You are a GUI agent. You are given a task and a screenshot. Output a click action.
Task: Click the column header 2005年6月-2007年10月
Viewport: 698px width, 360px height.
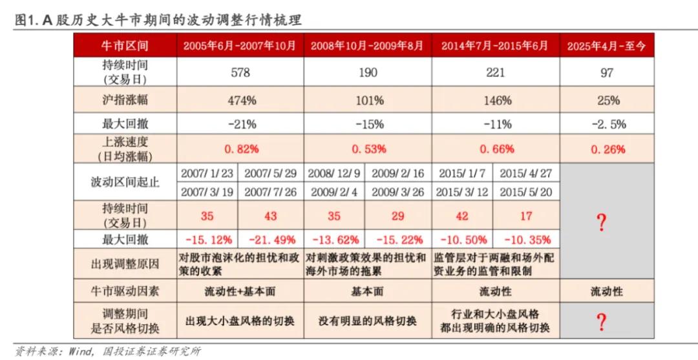click(240, 46)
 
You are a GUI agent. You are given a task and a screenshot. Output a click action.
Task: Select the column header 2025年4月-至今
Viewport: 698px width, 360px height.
click(606, 46)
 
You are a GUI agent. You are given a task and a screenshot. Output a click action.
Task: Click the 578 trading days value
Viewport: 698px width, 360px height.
click(240, 72)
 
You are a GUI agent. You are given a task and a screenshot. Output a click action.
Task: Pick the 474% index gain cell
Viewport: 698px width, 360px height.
click(240, 100)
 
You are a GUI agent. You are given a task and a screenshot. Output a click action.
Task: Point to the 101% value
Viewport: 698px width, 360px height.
click(368, 100)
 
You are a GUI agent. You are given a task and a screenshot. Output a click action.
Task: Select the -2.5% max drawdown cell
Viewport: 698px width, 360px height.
click(606, 124)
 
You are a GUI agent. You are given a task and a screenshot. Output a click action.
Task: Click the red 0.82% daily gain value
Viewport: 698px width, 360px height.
click(240, 149)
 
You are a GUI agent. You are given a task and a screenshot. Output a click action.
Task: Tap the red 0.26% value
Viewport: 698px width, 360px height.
click(606, 149)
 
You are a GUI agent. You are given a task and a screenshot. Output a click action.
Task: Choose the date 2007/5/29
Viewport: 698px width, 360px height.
click(271, 174)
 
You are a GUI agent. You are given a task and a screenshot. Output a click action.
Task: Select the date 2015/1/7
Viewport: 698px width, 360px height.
click(461, 174)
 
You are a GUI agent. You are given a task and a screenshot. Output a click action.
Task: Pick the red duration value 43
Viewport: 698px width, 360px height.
click(271, 215)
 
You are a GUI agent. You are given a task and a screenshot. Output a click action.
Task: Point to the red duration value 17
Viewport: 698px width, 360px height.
click(525, 215)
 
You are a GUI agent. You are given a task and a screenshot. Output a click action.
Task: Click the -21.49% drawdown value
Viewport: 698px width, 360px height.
click(271, 240)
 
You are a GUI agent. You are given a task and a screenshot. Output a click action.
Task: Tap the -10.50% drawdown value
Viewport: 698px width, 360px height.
click(461, 240)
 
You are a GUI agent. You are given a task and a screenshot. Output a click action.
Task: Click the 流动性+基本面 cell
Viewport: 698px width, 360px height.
click(240, 291)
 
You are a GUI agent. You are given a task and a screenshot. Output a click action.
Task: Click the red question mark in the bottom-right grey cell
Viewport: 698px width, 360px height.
click(602, 321)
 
